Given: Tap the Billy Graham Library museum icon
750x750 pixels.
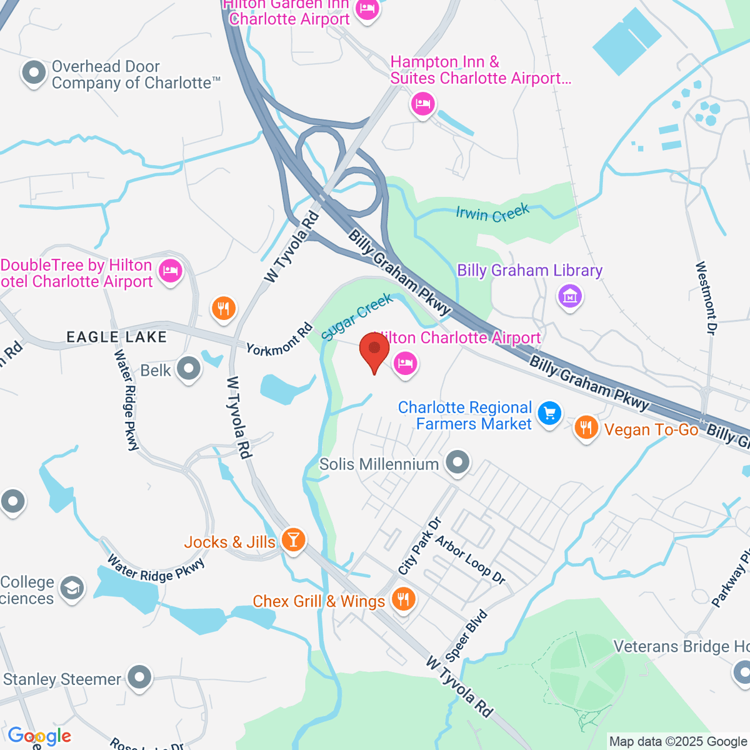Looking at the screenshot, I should pos(570,295).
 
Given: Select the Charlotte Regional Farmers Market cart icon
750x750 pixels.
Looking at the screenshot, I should pos(549,414).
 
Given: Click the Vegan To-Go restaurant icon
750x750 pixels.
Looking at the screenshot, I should pos(586,428).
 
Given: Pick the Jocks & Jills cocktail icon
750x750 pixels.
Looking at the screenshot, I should pos(293,539).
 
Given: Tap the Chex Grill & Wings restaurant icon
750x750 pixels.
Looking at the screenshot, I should pos(403,599).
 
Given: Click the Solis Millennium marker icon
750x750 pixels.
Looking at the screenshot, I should pos(458,463).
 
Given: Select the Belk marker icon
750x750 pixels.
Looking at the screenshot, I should pos(188,369).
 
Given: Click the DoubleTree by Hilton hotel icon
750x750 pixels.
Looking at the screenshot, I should pos(169,272).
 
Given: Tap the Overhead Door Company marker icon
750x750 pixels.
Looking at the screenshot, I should pos(34,73).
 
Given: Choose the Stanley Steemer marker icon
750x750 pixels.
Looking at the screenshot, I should pos(139,677).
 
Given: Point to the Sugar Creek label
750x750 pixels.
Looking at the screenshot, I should pos(357,317).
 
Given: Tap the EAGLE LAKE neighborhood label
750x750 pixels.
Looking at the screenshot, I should pos(117,337).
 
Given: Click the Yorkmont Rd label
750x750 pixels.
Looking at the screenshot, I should pos(279,340).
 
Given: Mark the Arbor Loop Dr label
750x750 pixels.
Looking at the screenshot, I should pos(471,560).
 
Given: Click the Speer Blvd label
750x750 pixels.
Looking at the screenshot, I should pos(466,636).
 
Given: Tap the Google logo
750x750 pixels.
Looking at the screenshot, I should pos(39,736).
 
